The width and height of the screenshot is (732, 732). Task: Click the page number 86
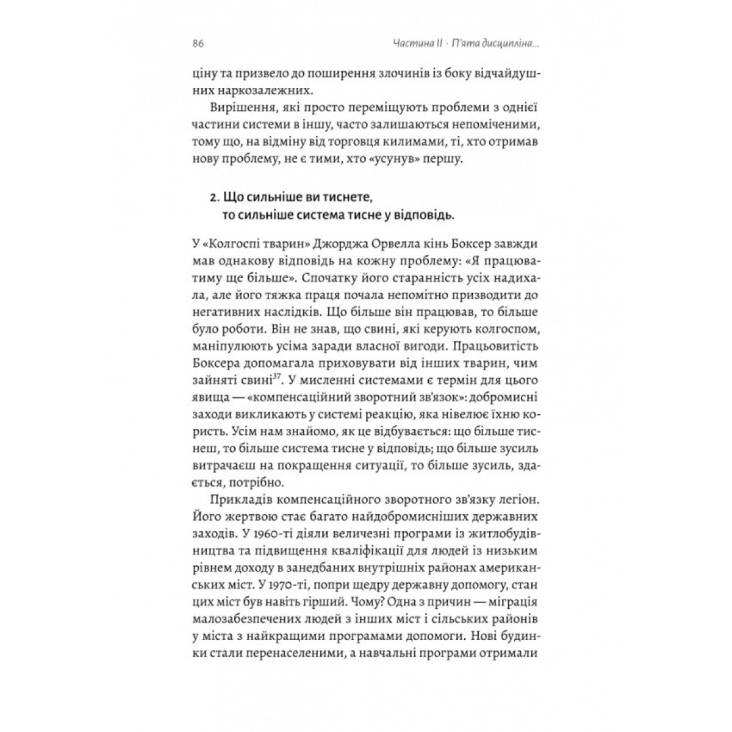[197, 44]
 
